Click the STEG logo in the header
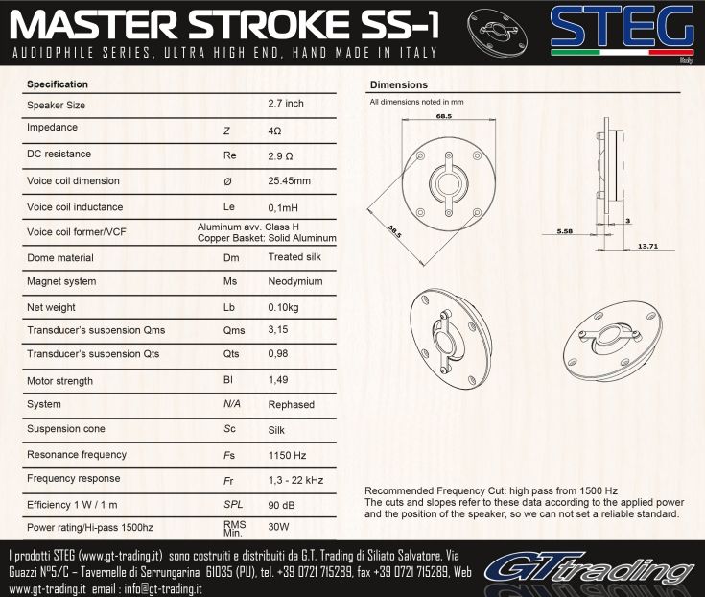tap(623, 32)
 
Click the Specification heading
tap(58, 84)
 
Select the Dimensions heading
tap(399, 84)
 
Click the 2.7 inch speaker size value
tap(286, 103)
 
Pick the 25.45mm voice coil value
tap(289, 180)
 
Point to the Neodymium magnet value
tap(295, 281)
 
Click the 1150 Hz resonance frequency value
tap(288, 455)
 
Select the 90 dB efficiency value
tap(281, 505)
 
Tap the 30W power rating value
tap(278, 527)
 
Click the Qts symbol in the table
tap(231, 354)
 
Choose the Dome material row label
tap(60, 258)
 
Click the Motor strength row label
tap(59, 381)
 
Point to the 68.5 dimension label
tap(444, 116)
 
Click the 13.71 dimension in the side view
tap(647, 246)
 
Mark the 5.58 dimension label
tap(565, 231)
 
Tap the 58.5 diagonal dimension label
tap(395, 230)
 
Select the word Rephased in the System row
tap(292, 404)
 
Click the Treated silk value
tap(294, 257)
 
